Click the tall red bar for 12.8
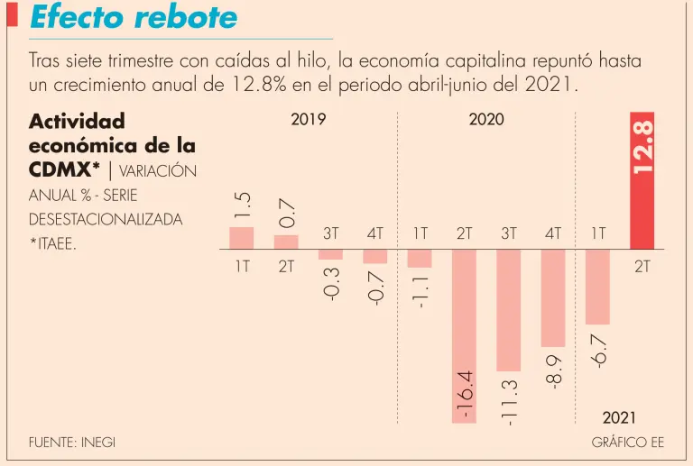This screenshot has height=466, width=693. coord(642,180)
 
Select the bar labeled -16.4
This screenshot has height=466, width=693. coord(465,334)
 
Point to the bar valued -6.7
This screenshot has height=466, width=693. coord(597,286)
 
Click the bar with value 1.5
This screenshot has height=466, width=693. coord(242,237)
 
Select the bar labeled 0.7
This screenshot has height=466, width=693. coord(286,242)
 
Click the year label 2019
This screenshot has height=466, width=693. coord(309,120)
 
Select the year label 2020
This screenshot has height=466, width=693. coord(486,120)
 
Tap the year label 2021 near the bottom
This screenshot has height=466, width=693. coord(619,418)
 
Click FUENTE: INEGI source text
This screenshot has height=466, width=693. coord(72,443)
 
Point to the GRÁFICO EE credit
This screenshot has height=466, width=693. coord(628,443)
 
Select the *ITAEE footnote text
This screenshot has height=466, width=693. coord(52,243)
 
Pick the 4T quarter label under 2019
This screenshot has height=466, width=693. coord(375,233)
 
